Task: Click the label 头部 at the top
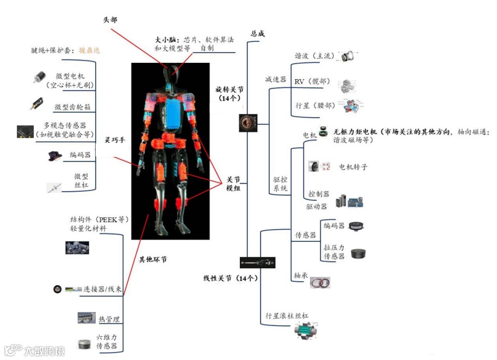coord(110,20)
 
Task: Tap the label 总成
coord(258,34)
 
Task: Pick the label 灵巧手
coord(115,140)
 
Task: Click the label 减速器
coord(276,79)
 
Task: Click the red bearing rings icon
coord(320,283)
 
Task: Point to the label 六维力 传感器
coord(107,341)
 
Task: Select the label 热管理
coord(109,319)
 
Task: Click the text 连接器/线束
coord(103,289)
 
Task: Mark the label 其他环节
coord(153,259)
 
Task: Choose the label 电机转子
coord(353,167)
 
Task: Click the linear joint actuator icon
coord(257,262)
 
